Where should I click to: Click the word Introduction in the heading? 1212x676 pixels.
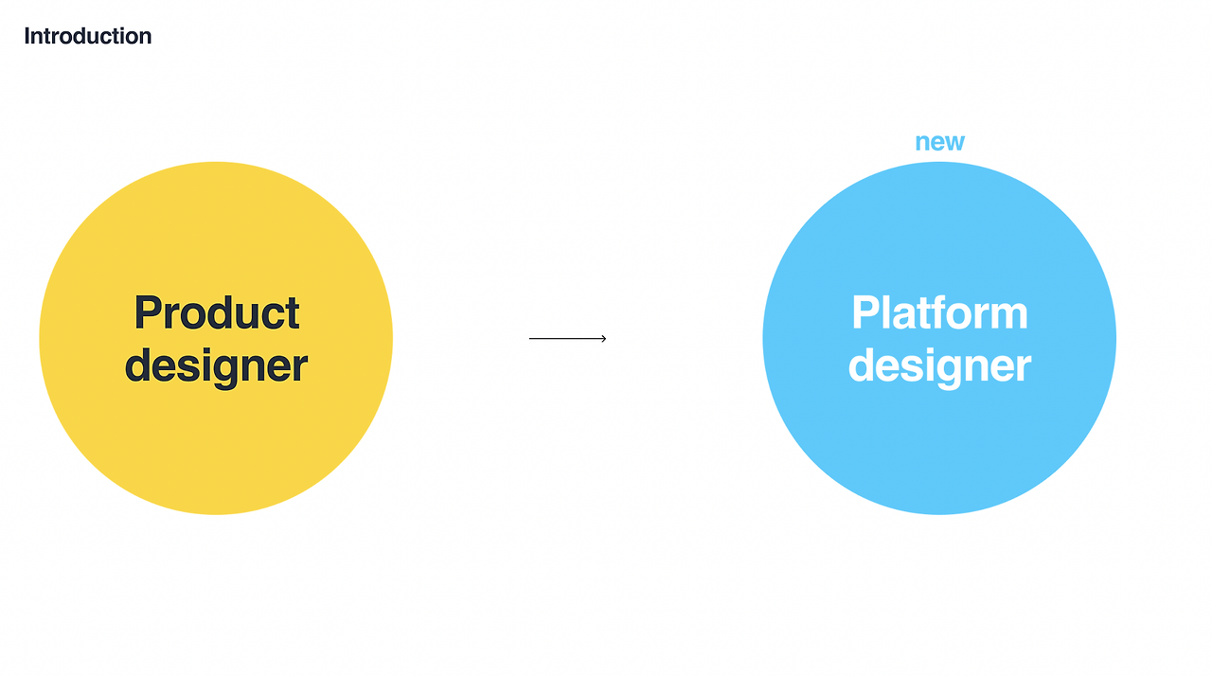point(87,36)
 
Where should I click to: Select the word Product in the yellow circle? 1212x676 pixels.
point(217,312)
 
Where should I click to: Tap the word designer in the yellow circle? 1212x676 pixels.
point(217,365)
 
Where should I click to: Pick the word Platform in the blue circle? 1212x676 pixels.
point(939,312)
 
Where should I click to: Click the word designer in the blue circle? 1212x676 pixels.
point(939,365)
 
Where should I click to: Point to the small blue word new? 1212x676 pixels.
point(939,142)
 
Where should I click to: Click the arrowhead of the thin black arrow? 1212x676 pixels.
point(603,338)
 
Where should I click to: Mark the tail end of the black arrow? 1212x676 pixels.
point(530,338)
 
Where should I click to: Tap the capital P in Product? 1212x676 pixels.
point(147,312)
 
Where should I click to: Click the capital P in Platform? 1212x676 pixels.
point(864,312)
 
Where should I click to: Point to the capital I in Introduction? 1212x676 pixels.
point(27,36)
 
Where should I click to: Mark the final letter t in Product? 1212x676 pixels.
point(293,314)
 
